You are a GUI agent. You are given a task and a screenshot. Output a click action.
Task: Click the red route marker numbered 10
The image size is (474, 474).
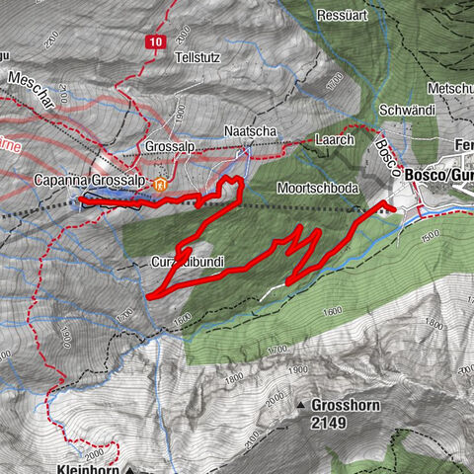tap(156, 41)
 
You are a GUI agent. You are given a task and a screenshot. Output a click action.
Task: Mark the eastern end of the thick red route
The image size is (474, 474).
tap(393, 209)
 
